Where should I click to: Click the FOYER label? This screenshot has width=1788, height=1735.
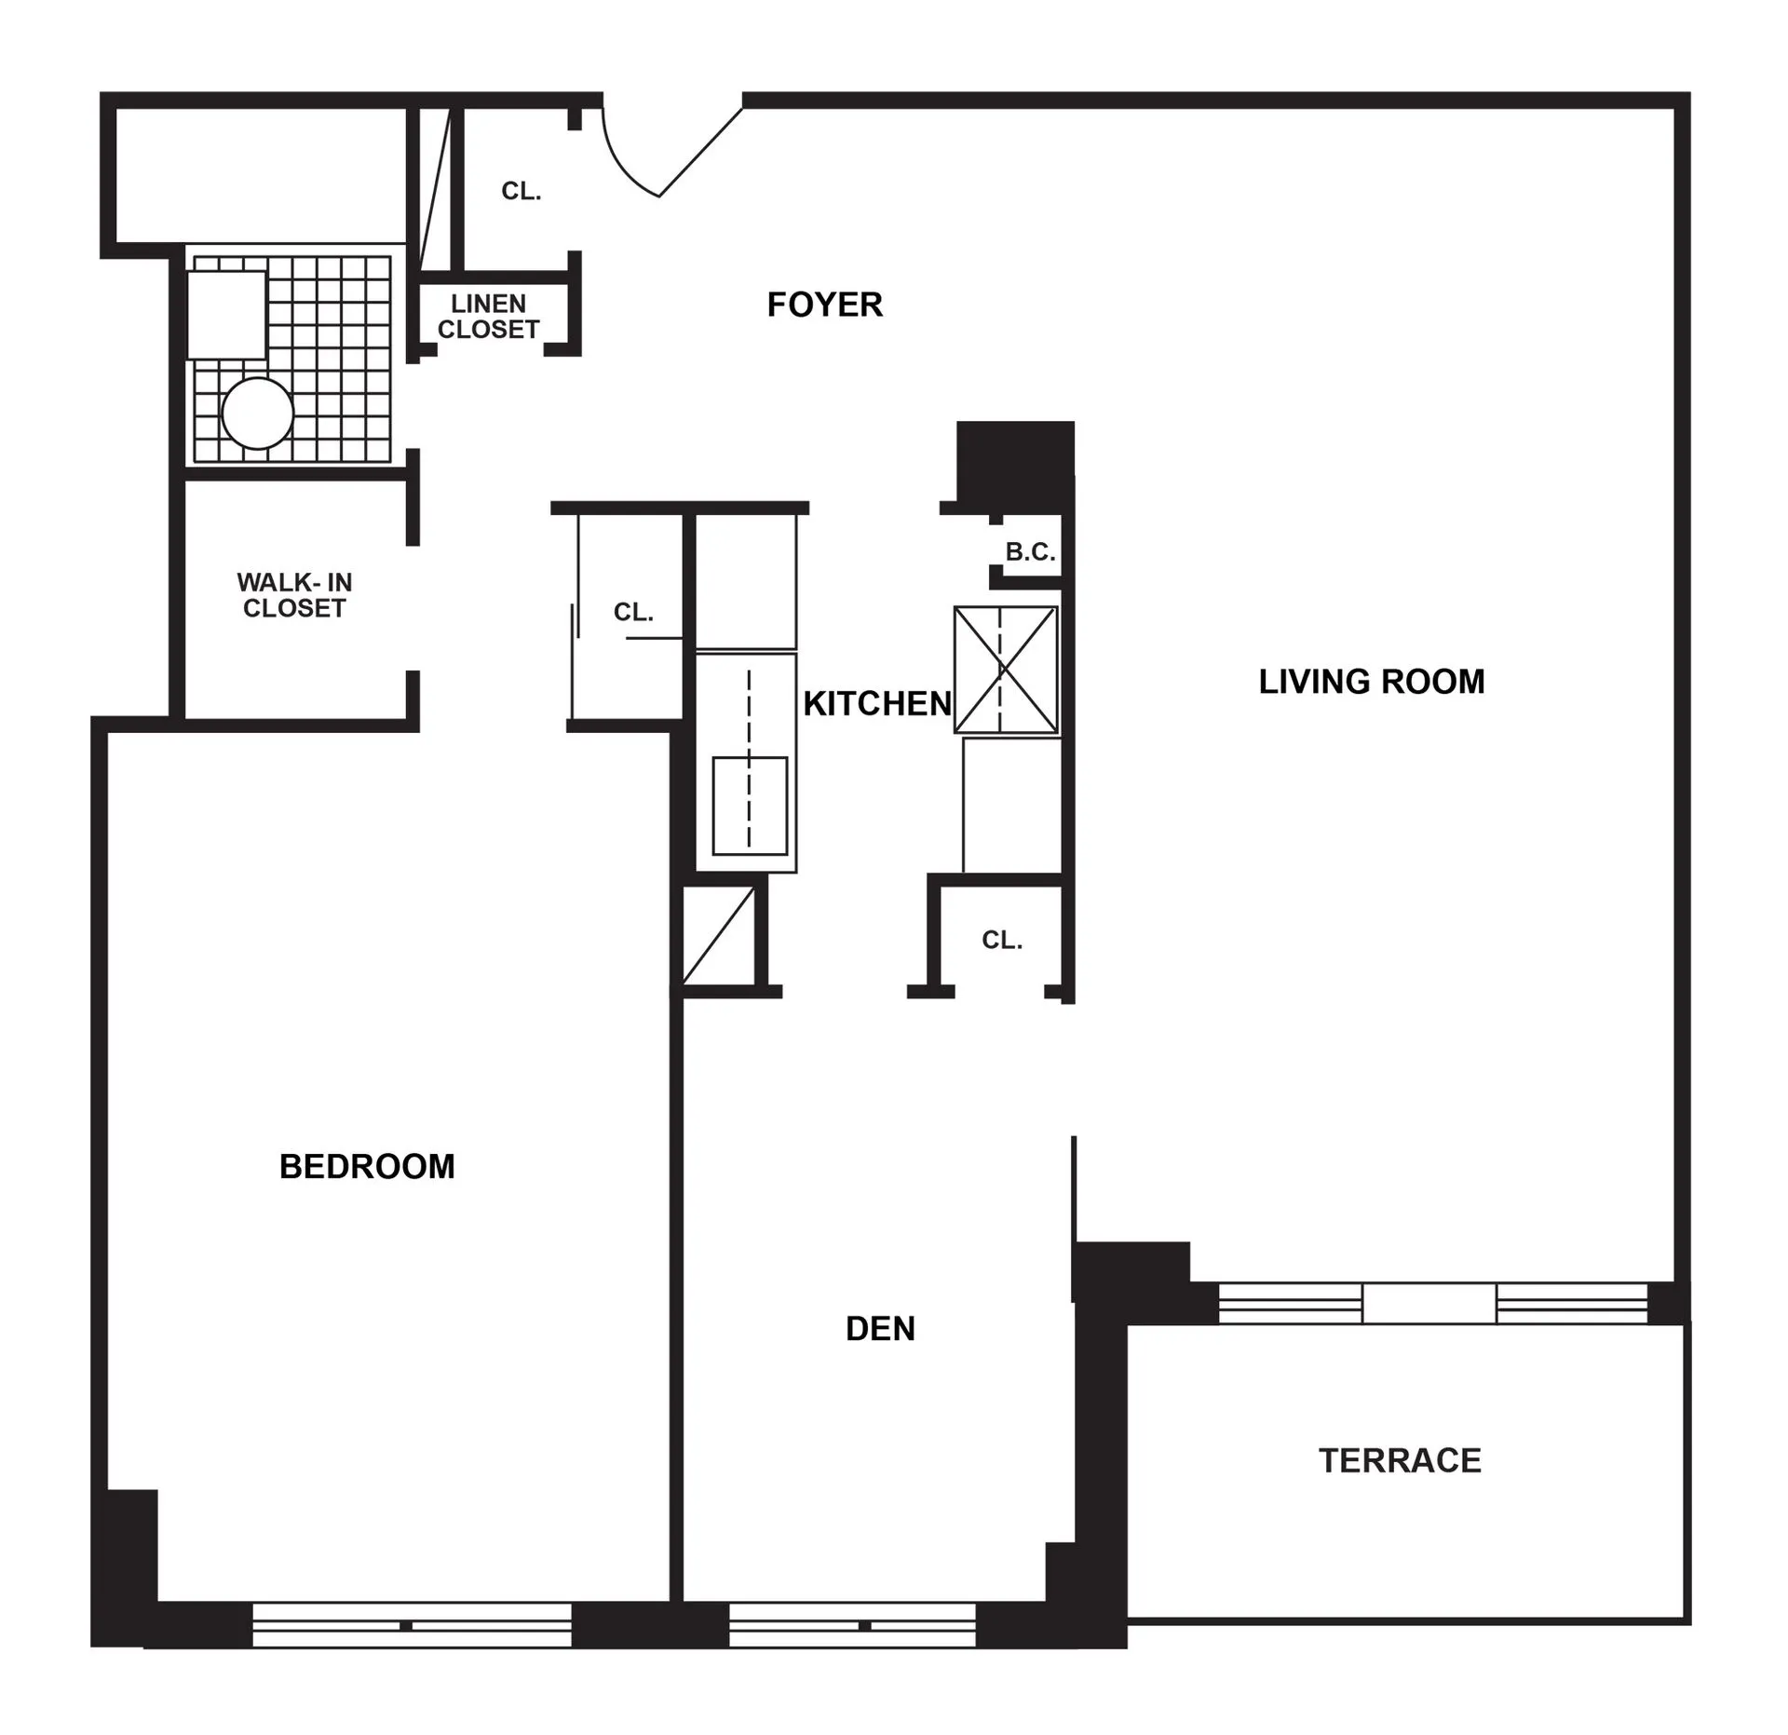point(824,305)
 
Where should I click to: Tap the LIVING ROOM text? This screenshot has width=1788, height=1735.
point(1371,682)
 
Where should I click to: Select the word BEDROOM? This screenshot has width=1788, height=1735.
point(367,1166)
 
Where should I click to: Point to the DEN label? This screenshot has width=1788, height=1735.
point(880,1328)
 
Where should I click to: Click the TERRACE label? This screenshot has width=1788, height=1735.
point(1400,1460)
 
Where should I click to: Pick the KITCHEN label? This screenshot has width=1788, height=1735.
point(876,704)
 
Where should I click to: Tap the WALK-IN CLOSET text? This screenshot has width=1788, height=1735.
point(294,595)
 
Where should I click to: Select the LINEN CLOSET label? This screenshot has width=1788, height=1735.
point(489,317)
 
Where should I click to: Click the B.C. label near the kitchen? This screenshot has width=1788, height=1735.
point(1030,552)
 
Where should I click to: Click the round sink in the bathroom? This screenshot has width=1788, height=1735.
point(257,413)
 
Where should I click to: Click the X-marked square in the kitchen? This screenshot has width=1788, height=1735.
point(1006,669)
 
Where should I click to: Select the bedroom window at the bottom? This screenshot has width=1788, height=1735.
point(412,1625)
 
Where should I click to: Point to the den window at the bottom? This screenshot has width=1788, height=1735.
point(851,1625)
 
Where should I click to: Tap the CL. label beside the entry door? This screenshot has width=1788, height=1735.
point(521,191)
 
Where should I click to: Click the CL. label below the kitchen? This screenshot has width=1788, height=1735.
point(1002,941)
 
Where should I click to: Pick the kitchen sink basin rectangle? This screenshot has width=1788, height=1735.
point(750,806)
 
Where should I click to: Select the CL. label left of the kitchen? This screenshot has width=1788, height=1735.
point(633,612)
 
